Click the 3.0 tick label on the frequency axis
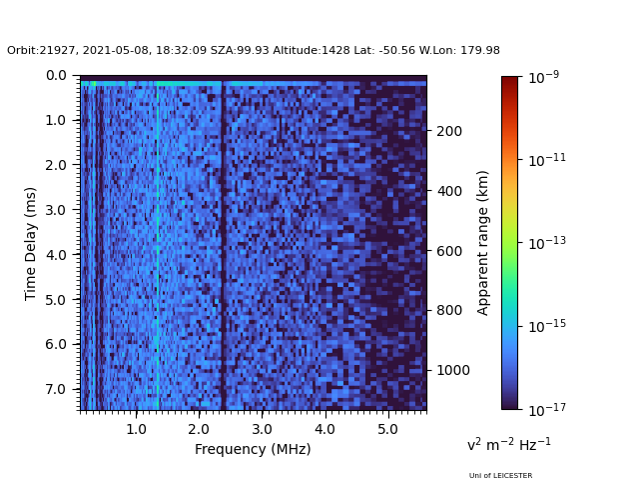click(262, 429)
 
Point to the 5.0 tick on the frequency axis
click(387, 429)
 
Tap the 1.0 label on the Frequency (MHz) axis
click(136, 429)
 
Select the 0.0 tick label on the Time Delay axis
click(56, 76)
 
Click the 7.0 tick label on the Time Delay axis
click(56, 389)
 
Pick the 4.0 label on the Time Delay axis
click(56, 255)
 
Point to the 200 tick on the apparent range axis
click(449, 131)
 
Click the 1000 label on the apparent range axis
click(453, 370)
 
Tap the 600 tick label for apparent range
click(449, 251)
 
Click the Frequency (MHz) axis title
click(253, 449)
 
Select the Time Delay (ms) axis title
click(30, 244)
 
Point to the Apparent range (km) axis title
click(482, 243)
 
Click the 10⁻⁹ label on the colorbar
click(543, 77)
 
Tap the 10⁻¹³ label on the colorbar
click(547, 243)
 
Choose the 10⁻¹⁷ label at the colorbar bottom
click(547, 409)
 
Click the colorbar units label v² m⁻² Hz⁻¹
click(509, 444)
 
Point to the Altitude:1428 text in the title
click(312, 50)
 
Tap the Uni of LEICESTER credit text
click(500, 476)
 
